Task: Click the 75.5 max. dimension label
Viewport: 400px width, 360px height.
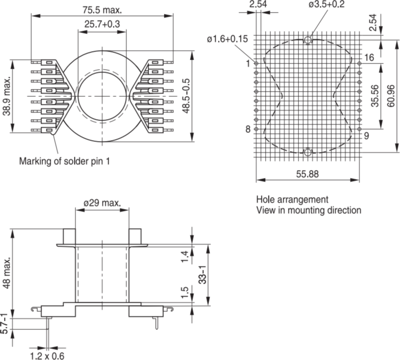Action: (x=102, y=10)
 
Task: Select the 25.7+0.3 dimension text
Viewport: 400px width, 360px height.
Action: (x=102, y=24)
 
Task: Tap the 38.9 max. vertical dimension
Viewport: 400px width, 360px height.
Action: (x=7, y=96)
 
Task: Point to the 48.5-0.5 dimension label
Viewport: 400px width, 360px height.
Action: (x=186, y=96)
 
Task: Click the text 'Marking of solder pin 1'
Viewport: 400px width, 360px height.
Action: (x=64, y=161)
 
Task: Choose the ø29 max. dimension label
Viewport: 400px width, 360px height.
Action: (x=102, y=203)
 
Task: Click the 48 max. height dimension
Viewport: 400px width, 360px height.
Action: (x=7, y=273)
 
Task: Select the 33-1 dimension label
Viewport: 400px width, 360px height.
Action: (x=202, y=275)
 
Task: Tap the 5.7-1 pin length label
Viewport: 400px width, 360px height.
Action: (x=4, y=323)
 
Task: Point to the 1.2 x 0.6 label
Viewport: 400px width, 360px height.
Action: (x=47, y=355)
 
